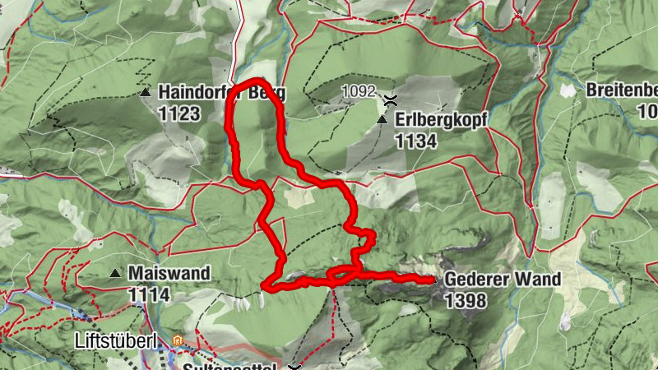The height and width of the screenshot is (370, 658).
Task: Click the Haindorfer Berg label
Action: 221,93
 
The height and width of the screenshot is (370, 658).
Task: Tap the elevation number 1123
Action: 180,113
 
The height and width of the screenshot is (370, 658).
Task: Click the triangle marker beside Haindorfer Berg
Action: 146,93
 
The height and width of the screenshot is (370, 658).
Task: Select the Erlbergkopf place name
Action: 441,120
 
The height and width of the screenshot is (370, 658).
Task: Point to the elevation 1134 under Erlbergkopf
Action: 415,141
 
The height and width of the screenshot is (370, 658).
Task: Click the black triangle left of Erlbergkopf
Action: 382,120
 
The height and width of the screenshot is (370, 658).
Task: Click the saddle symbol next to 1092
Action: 390,99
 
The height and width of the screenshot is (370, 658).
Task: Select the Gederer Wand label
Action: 503,280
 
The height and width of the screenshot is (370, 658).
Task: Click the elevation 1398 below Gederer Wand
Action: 465,301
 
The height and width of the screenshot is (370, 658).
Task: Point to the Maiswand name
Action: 169,272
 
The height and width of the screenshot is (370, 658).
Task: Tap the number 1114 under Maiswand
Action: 148,294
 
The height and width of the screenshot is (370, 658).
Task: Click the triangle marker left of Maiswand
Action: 115,272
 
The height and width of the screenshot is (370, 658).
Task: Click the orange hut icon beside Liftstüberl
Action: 177,340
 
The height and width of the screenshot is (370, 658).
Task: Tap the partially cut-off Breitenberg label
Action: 622,90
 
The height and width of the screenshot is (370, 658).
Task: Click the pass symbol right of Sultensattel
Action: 295,366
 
